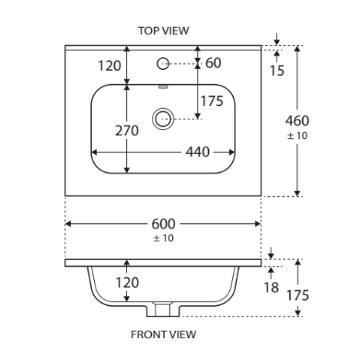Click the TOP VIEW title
(163, 30)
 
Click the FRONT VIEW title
(163, 335)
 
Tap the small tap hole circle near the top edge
(163, 64)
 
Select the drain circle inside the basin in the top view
(163, 119)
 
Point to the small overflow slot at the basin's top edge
(163, 87)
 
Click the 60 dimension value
(214, 63)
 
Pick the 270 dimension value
(127, 131)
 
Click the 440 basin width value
(198, 152)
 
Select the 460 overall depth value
(297, 121)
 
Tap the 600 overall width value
(163, 224)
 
